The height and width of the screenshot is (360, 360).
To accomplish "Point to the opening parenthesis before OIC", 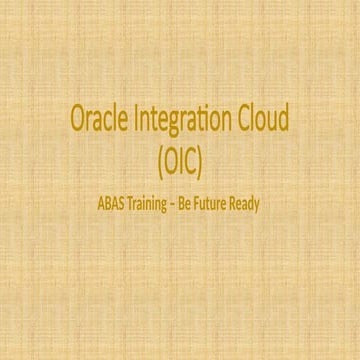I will click(150, 156).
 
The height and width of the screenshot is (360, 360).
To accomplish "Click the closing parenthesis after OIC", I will click(211, 156).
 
